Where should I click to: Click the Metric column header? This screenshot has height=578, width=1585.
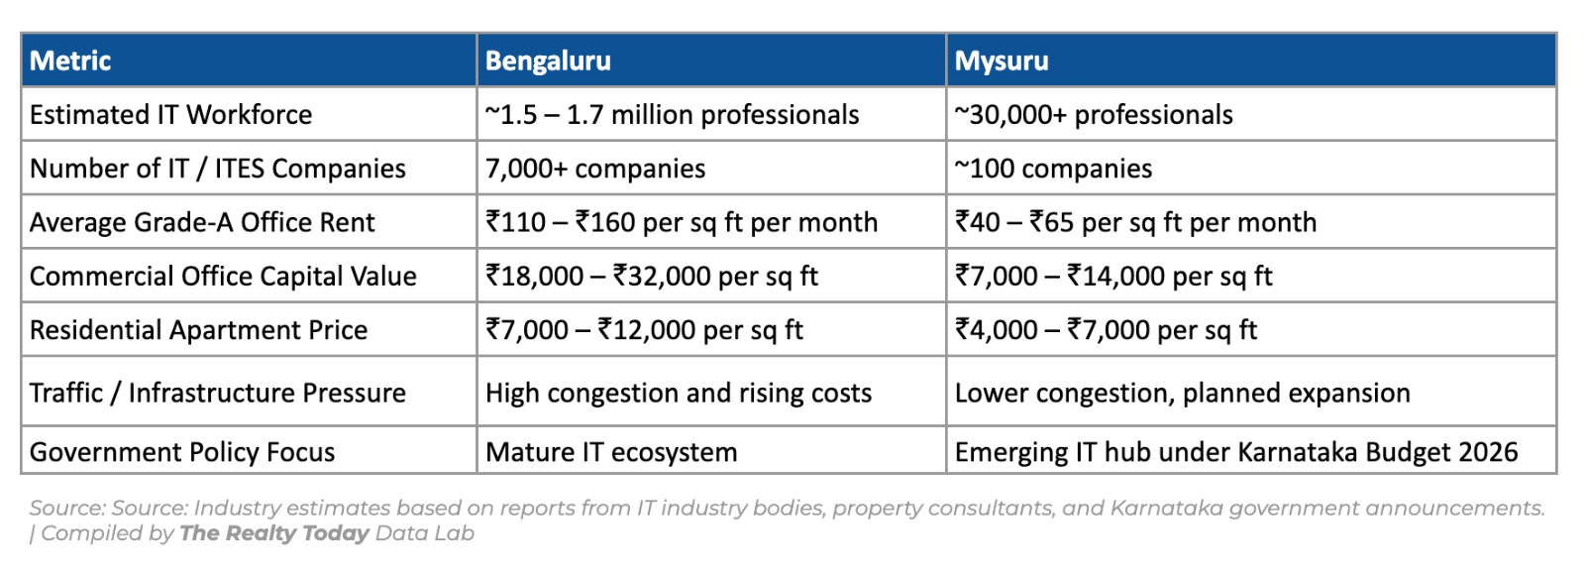(x=70, y=61)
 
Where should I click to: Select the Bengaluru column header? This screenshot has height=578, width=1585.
(x=548, y=61)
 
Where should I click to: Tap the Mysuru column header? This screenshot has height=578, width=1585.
(x=1001, y=61)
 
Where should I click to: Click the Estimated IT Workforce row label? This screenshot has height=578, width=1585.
(x=170, y=115)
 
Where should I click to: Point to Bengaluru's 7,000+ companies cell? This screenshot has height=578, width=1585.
(x=595, y=169)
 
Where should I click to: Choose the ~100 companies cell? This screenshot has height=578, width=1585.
(x=1053, y=169)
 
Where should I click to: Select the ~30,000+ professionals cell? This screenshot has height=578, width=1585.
(x=1094, y=115)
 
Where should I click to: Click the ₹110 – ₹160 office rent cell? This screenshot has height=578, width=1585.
(x=682, y=222)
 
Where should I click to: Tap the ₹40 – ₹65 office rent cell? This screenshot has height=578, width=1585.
(x=1135, y=222)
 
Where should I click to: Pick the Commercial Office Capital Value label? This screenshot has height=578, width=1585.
(x=223, y=276)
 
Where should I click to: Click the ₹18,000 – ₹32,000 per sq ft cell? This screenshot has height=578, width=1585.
(x=652, y=276)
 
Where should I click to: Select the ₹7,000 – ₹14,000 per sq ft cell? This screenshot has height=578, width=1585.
(x=1113, y=276)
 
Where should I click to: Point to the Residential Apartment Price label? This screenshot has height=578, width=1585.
(x=198, y=329)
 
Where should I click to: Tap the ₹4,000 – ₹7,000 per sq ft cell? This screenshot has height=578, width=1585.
(x=1106, y=329)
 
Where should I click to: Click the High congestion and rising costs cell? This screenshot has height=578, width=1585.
(x=679, y=393)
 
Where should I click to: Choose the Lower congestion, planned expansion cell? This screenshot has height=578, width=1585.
(x=1182, y=393)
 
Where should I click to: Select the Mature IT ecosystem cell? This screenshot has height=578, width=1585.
(x=611, y=452)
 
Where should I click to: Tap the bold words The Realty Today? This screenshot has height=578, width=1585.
(x=274, y=533)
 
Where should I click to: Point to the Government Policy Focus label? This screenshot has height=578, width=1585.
(x=182, y=452)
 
